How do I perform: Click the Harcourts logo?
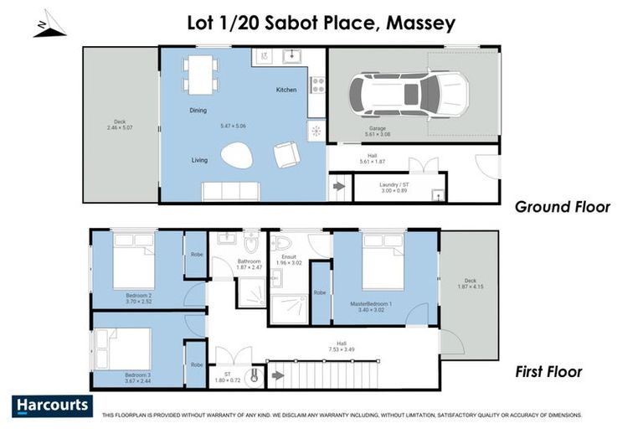click(x=52, y=406)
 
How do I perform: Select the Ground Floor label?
click(x=562, y=207)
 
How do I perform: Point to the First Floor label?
click(x=548, y=372)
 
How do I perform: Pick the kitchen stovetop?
click(x=317, y=85)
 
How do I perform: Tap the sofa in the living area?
click(x=230, y=191)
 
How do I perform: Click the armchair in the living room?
click(x=287, y=154)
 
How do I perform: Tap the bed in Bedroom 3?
click(x=123, y=347)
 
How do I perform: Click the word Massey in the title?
click(x=423, y=23)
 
